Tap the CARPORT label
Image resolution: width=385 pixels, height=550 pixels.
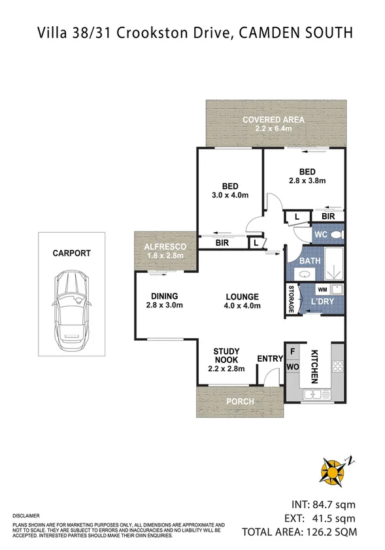click(x=71, y=253)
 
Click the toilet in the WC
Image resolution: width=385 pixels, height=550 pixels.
click(x=336, y=234)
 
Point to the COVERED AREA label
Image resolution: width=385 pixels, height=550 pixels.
click(x=273, y=120)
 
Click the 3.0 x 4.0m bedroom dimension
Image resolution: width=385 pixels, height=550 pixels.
click(x=229, y=194)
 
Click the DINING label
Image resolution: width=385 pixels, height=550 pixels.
click(x=164, y=296)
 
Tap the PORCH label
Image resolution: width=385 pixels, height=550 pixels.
click(x=239, y=402)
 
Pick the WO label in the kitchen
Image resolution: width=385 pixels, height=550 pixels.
click(x=292, y=368)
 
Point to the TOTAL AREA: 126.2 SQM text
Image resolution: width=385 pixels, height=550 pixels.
click(x=300, y=532)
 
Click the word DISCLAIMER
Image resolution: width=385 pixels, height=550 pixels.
click(x=26, y=516)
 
